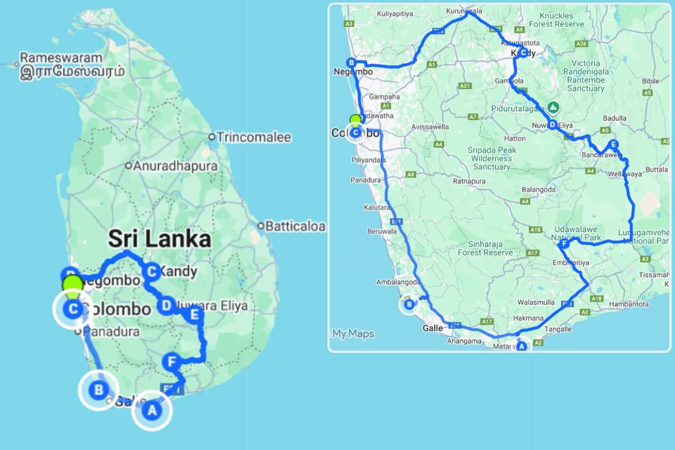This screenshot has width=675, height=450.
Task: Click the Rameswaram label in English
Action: (x=61, y=58)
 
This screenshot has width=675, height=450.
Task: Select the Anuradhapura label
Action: (x=174, y=166)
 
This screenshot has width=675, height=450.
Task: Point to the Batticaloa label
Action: (x=295, y=226)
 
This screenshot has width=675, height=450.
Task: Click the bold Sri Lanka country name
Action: (x=160, y=240)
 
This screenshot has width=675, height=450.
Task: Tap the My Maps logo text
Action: (x=353, y=334)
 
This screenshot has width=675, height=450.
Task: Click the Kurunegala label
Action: (x=465, y=11)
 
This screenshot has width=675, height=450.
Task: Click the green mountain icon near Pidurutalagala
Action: (x=553, y=107)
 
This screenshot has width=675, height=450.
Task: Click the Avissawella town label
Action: (x=429, y=127)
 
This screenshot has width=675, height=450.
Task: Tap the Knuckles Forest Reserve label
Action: (x=556, y=20)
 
